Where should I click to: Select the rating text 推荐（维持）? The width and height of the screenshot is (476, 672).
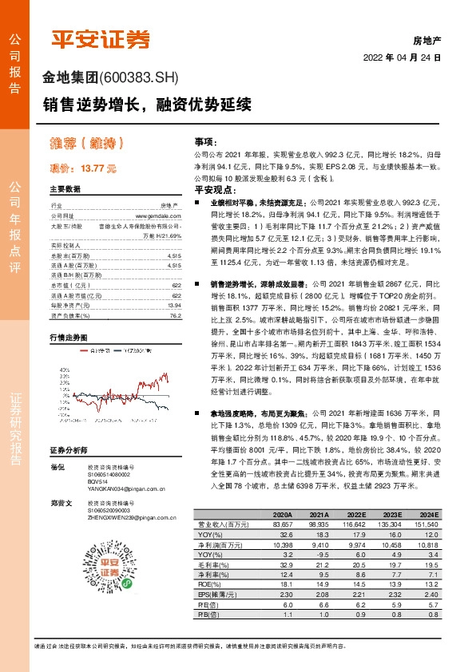pyautogui.click(x=86, y=144)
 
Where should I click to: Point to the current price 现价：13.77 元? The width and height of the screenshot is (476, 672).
pyautogui.click(x=83, y=168)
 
